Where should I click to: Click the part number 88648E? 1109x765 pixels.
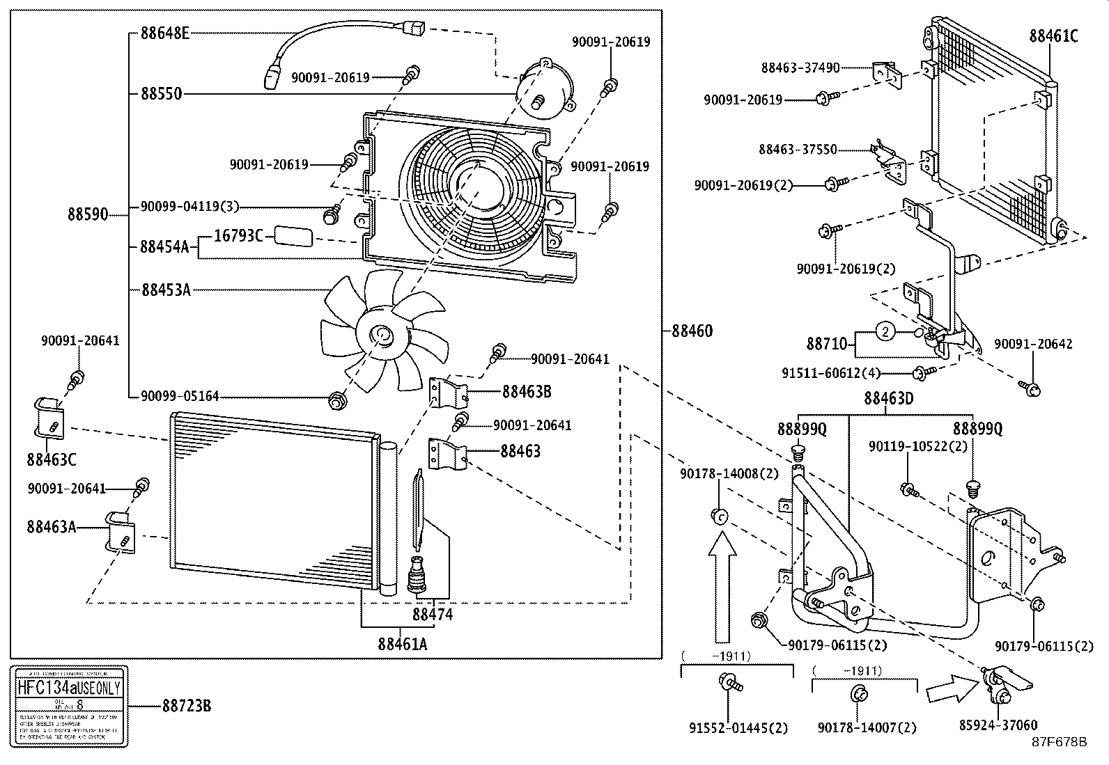[x=164, y=33]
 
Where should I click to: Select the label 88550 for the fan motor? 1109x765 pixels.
[x=161, y=93]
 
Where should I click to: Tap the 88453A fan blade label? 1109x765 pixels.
[x=165, y=290]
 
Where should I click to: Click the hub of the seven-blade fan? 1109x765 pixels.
[x=382, y=337]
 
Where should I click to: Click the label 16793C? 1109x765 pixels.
[x=238, y=236]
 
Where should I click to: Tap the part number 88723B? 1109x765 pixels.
[x=186, y=706]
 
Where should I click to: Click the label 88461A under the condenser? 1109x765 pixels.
[x=402, y=644]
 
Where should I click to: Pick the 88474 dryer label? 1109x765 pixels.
[x=432, y=614]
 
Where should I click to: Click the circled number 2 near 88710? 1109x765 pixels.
[x=885, y=332]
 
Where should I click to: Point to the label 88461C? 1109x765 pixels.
[x=1053, y=36]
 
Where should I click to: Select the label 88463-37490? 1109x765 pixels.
[x=800, y=68]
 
